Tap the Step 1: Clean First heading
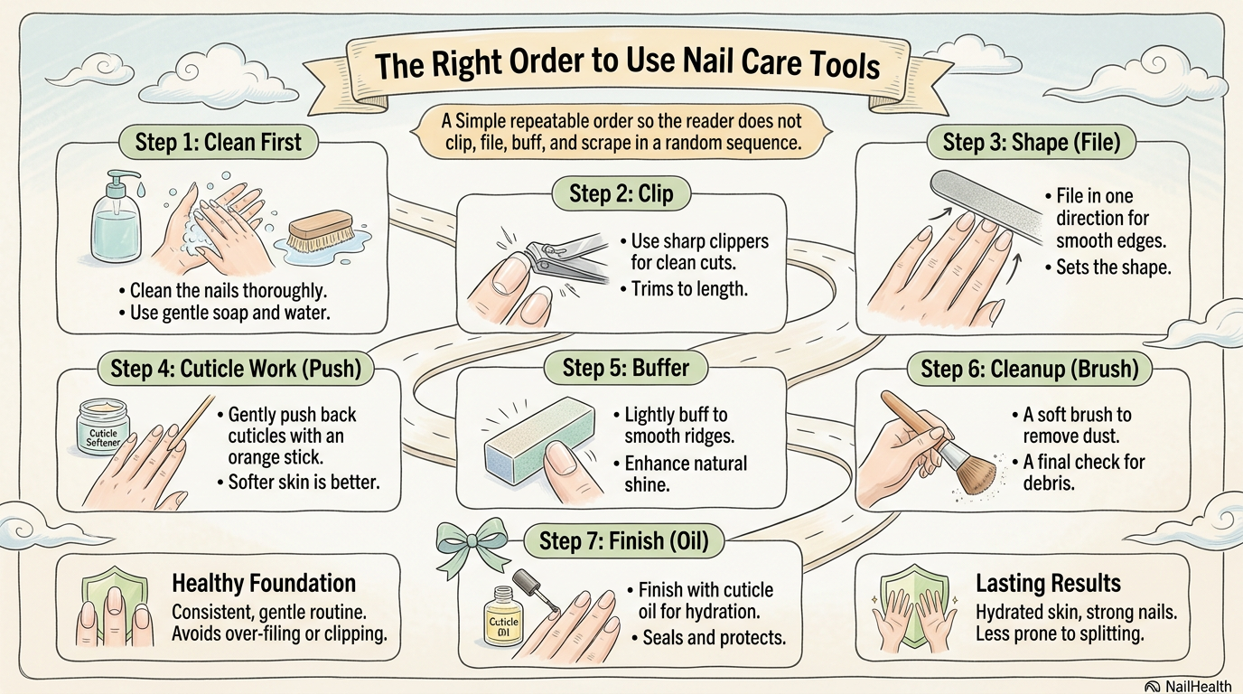[x=218, y=141]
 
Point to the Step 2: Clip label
[x=621, y=192]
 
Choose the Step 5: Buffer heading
[x=625, y=368]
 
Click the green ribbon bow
[x=464, y=541]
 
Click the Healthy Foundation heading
[x=264, y=583]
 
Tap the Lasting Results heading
[x=1048, y=583]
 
